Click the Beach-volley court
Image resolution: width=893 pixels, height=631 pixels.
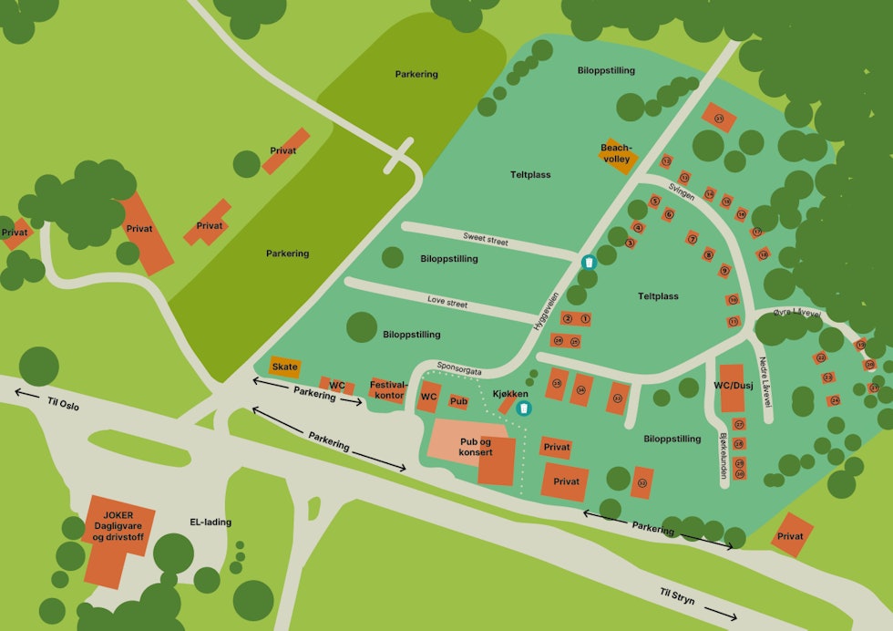[616, 154]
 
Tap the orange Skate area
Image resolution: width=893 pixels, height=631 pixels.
[285, 367]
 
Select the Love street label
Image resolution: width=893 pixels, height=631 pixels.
[447, 302]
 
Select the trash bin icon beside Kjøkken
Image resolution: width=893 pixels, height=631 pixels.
[524, 409]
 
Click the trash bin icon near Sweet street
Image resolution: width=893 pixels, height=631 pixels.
[590, 263]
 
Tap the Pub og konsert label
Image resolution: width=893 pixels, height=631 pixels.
[476, 447]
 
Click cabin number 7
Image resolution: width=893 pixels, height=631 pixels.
[693, 239]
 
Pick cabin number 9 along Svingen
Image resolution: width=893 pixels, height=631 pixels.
[724, 270]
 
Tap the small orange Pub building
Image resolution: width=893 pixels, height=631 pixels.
[458, 401]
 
